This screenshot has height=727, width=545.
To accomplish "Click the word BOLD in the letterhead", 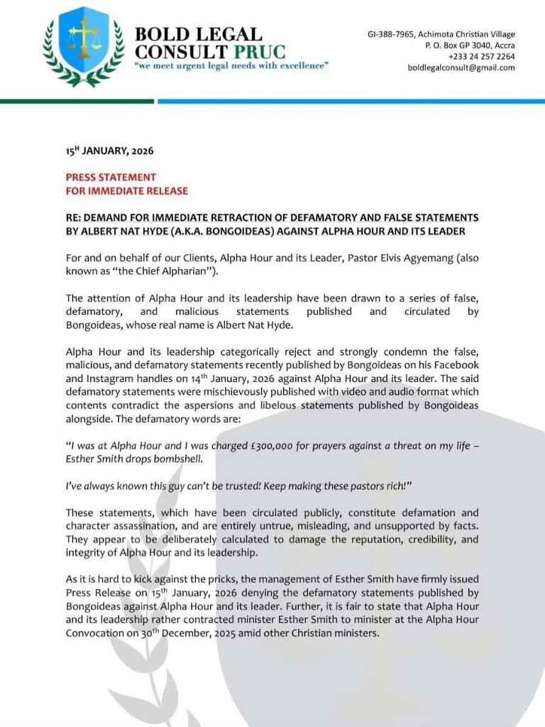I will click(161, 34).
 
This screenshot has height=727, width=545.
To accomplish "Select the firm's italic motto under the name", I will click(231, 66).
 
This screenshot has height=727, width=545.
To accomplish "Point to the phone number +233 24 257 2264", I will click(481, 56).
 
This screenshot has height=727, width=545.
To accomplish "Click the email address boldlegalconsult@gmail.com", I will click(461, 67).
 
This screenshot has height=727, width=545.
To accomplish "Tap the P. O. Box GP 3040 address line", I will click(470, 45).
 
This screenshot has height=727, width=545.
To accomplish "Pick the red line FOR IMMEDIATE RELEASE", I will click(127, 190).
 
